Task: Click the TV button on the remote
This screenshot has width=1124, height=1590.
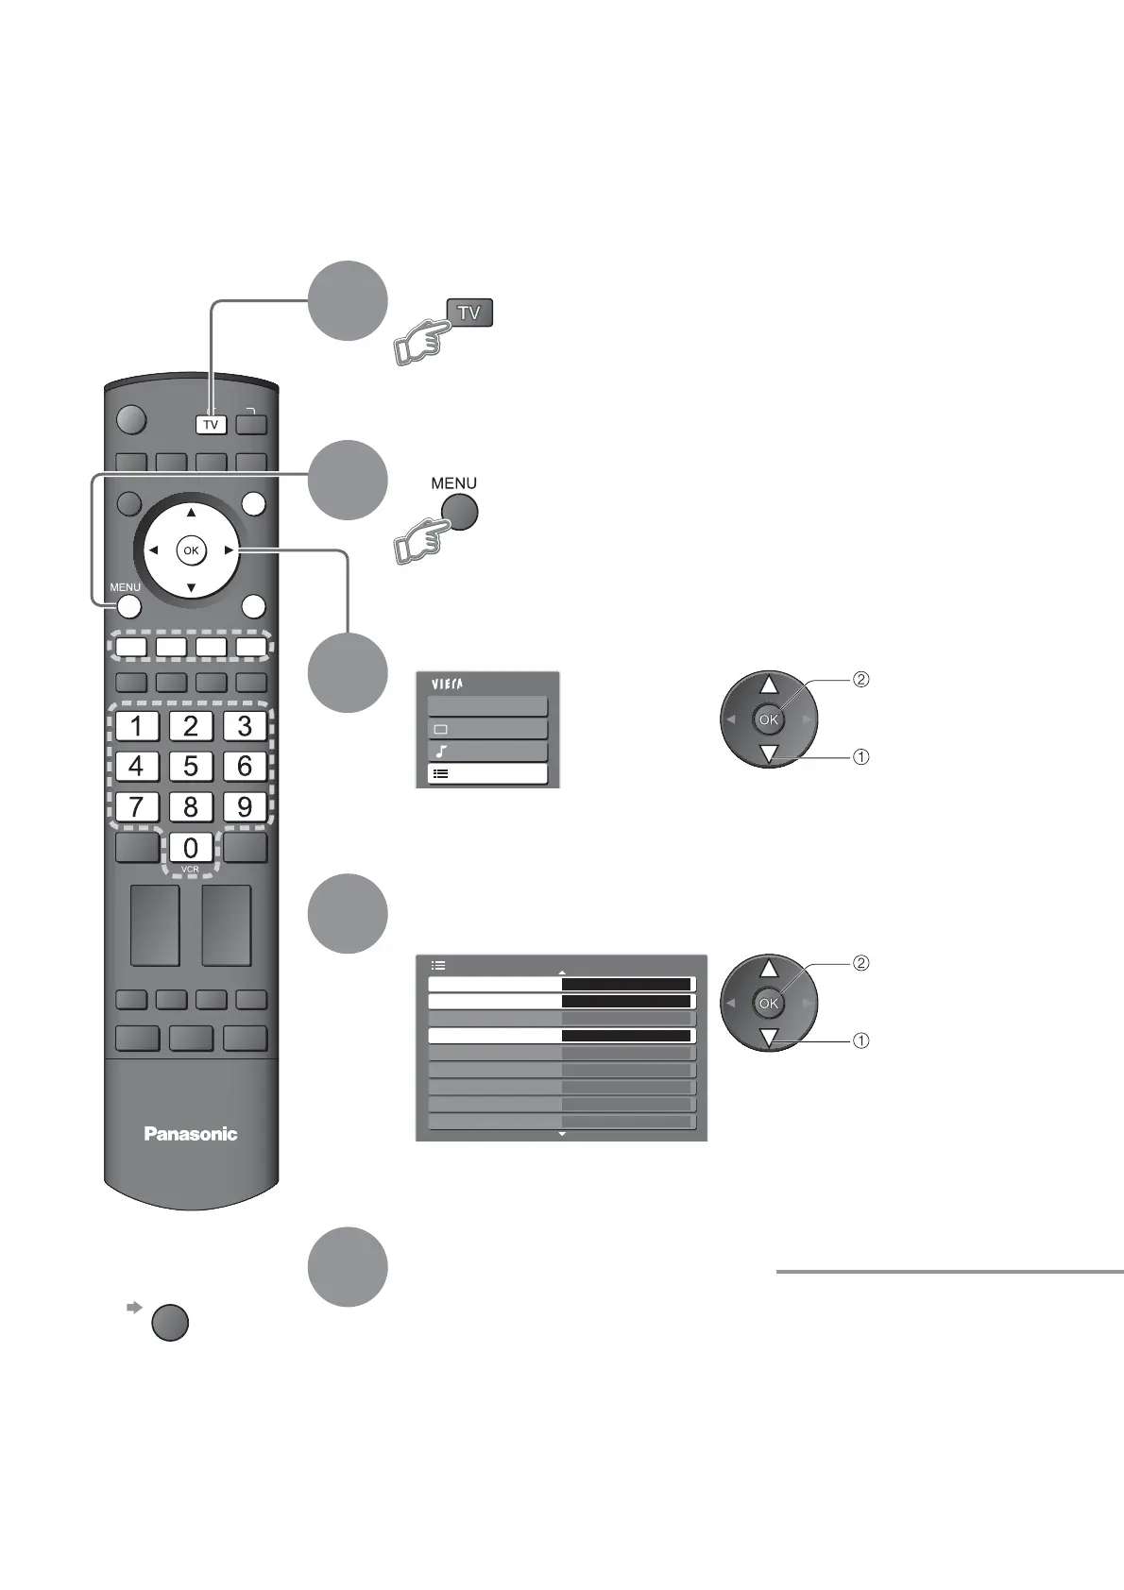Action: pos(211,425)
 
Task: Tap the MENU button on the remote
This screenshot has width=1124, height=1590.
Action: pos(129,607)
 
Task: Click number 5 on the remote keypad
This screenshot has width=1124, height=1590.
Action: pos(191,766)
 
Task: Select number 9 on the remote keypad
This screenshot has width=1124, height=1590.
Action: pos(245,806)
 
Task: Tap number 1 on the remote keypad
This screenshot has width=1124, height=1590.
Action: pos(137,726)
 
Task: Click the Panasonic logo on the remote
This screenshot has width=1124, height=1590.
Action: pos(191,1133)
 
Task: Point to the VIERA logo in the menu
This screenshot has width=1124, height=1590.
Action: pos(451,685)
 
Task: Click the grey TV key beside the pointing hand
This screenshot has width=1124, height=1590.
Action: pos(468,313)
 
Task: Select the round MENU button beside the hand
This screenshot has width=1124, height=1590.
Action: pos(459,514)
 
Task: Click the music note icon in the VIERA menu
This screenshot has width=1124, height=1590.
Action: pos(441,753)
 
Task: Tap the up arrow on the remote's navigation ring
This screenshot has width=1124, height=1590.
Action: pos(191,512)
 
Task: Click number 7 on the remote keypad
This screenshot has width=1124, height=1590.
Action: pos(137,806)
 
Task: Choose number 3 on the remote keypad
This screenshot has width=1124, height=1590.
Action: pos(245,726)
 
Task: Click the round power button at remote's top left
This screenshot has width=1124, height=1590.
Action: pos(133,419)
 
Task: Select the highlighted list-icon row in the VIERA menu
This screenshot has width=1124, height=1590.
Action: pos(487,774)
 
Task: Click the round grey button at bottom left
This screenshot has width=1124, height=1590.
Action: pos(170,1323)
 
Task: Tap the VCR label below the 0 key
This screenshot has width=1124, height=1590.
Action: pos(191,869)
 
